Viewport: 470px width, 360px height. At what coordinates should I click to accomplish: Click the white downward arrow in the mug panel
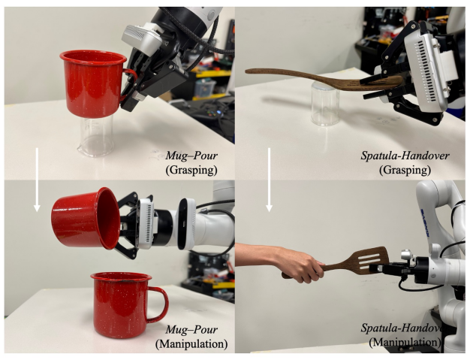point(37,180)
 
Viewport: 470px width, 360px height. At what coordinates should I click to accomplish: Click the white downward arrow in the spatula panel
point(269,180)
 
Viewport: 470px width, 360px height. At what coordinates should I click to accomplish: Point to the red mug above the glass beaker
point(94,83)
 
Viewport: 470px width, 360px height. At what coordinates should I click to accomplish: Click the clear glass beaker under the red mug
point(96,137)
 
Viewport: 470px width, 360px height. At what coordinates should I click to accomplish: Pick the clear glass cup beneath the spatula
point(325,104)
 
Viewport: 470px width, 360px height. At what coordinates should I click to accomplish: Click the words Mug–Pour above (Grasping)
point(192,156)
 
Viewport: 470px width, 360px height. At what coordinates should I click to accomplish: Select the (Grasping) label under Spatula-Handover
point(405,170)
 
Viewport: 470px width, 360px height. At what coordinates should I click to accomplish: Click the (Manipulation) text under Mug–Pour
point(191,343)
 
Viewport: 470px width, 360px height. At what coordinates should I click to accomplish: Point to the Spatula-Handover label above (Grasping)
point(405,156)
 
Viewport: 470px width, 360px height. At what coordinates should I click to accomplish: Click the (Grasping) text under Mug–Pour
point(191,170)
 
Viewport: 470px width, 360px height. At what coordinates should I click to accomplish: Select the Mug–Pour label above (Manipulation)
point(192,330)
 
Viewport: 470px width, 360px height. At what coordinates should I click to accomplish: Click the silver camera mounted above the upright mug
point(141,38)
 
